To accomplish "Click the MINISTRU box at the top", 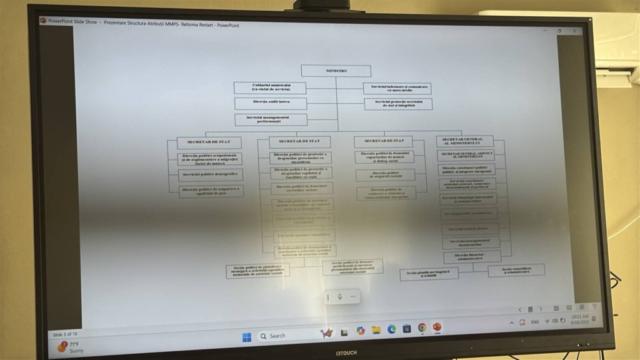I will point(336,71).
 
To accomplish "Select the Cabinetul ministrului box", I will point(270,88).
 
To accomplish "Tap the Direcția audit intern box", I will point(271,103).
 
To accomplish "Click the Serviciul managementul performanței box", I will point(271,119).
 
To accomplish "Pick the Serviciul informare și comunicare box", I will point(397,88).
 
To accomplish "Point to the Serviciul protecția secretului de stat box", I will point(398,104).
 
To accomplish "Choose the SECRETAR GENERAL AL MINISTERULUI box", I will point(464,141).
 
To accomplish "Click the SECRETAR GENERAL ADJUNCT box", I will point(466,155).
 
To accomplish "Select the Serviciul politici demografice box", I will point(211,175).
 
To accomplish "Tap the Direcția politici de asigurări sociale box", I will point(386,175).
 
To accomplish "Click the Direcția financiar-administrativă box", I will point(472,257).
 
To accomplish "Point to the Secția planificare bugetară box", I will point(429,274).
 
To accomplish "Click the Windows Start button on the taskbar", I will point(247,337).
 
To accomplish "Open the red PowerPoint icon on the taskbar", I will point(437,327).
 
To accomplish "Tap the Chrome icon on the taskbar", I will point(422,327).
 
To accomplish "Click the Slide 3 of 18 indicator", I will point(66,334).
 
